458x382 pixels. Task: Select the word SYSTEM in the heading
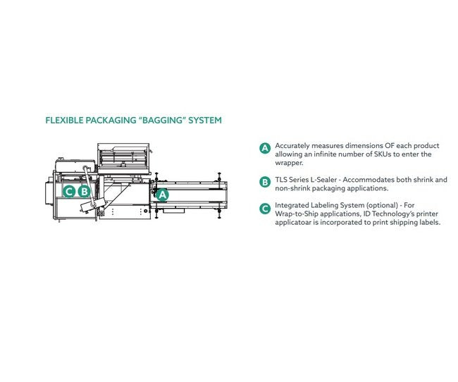205,121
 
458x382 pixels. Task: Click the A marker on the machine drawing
162,195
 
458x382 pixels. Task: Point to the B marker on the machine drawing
85,192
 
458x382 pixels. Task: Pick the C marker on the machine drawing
69,192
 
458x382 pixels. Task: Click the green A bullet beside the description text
265,148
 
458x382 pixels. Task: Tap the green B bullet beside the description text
265,182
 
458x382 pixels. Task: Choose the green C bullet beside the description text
265,209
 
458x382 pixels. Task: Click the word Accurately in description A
292,146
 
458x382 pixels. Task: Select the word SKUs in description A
383,154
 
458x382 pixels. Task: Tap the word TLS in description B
280,180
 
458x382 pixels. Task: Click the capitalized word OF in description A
389,146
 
